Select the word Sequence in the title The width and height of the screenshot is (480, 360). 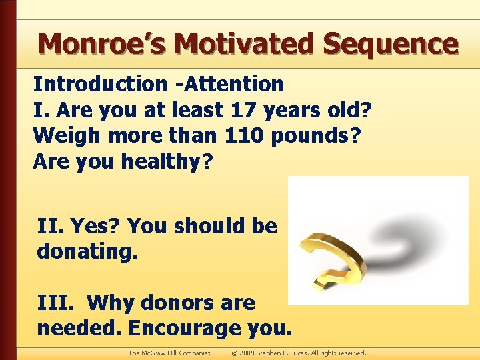pyautogui.click(x=391, y=45)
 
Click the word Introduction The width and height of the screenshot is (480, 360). pyautogui.click(x=100, y=84)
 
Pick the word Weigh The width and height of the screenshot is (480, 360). pyautogui.click(x=66, y=135)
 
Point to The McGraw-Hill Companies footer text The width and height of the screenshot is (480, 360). pyautogui.click(x=169, y=353)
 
